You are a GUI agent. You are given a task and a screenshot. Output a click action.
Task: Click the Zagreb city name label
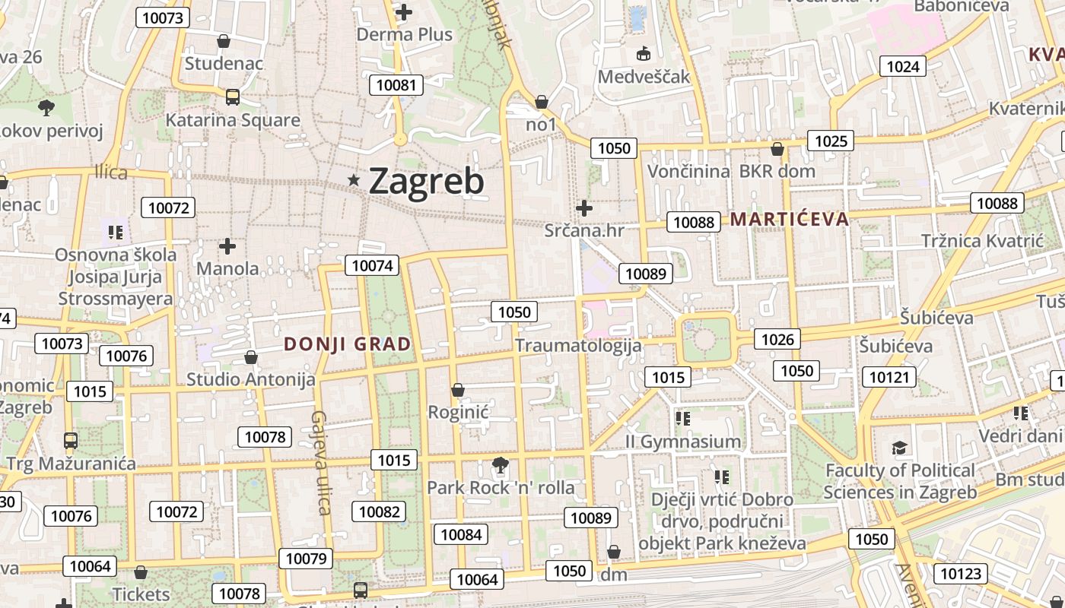click(x=426, y=182)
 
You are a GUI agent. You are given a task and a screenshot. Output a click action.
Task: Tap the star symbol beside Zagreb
click(x=354, y=180)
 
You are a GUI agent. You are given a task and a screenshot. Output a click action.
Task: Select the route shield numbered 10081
click(x=396, y=84)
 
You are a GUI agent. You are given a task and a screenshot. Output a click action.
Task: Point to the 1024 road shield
click(x=903, y=66)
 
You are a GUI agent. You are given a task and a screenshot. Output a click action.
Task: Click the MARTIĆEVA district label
click(x=789, y=220)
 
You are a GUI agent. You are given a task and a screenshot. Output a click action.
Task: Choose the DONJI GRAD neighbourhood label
click(x=348, y=344)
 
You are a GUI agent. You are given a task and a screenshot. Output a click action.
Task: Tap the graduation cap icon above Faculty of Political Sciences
click(x=900, y=448)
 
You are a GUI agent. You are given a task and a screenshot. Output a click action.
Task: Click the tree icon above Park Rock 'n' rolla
click(x=501, y=464)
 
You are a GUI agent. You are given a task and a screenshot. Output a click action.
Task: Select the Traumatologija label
click(x=578, y=345)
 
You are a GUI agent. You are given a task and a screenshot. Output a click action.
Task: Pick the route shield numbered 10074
click(x=373, y=265)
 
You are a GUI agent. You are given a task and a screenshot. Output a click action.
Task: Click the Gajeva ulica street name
click(x=320, y=463)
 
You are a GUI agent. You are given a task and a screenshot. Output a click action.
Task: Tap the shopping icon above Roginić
click(x=458, y=390)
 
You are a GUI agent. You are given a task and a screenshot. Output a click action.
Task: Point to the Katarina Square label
click(x=233, y=120)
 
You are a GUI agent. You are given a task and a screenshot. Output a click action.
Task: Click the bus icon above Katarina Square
click(x=233, y=97)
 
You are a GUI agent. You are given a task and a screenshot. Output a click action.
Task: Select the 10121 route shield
click(x=889, y=377)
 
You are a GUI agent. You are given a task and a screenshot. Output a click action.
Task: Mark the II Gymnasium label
click(x=682, y=442)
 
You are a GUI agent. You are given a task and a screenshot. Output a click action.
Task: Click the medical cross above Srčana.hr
click(x=584, y=207)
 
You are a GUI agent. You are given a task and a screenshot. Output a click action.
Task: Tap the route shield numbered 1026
click(x=777, y=339)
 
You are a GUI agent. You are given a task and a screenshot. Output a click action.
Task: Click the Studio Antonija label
click(x=251, y=378)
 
